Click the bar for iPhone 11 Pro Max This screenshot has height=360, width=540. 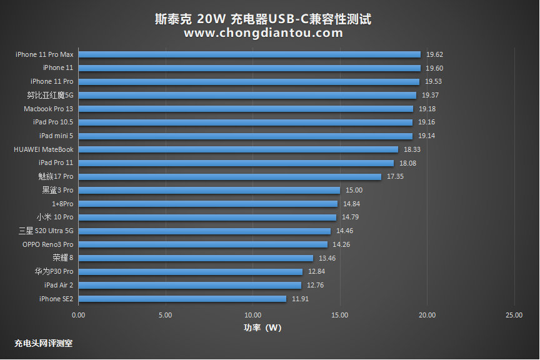coord(249,54)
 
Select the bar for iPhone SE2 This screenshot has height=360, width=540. coord(182,299)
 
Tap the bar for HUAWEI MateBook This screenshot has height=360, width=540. coord(238,149)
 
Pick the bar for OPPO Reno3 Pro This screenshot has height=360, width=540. coord(202,244)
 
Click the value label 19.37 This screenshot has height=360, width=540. coord(430,95)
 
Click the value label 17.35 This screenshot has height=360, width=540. coord(395,176)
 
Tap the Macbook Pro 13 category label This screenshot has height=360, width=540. coord(48,109)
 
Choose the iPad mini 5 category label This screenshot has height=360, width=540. coord(56,136)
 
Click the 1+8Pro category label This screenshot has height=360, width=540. coord(62,204)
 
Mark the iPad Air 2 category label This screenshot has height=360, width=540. coord(58,285)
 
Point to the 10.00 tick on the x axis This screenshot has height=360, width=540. coord(252,315)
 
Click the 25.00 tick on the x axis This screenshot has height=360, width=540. coord(514,315)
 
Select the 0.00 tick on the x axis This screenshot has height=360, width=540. coord(78,315)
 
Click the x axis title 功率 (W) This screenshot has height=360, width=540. coord(262,327)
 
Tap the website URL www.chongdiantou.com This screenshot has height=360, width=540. coord(263,33)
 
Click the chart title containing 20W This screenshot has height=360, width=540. coord(263,19)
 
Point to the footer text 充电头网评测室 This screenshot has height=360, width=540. coord(43,343)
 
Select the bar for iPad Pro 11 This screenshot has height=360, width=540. coord(236,163)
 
